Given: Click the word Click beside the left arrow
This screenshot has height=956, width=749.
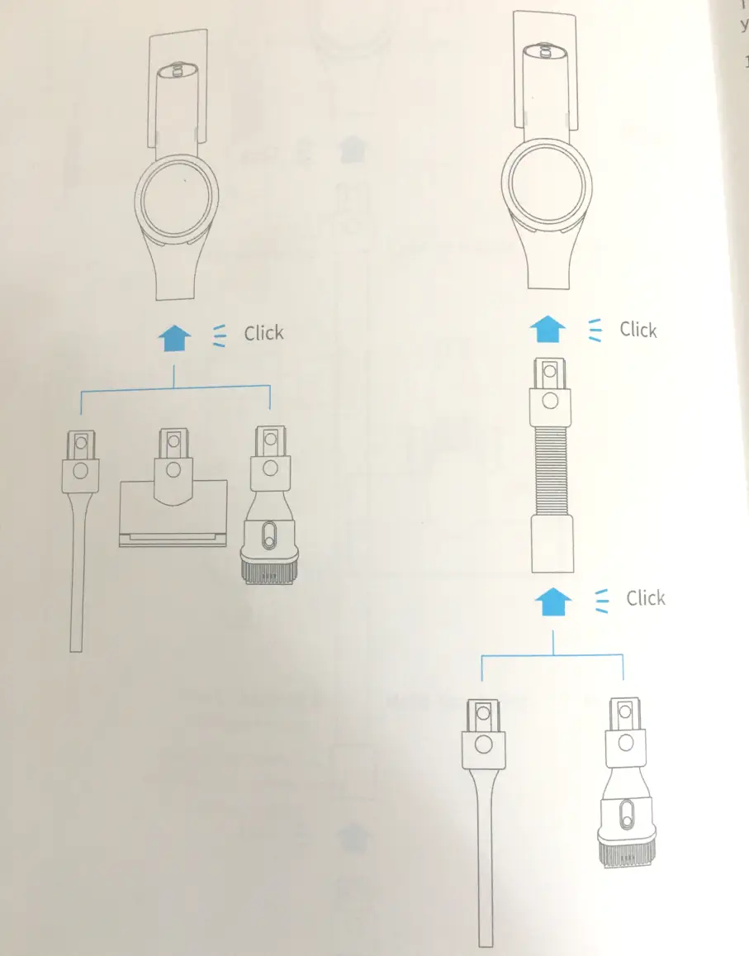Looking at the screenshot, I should (263, 334).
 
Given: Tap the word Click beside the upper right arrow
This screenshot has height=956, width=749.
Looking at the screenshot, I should (638, 330).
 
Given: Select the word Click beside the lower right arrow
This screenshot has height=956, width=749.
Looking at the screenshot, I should (645, 598).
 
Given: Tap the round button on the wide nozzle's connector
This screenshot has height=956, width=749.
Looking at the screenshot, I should (172, 470).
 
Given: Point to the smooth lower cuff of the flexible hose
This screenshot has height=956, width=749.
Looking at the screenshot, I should (550, 545).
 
